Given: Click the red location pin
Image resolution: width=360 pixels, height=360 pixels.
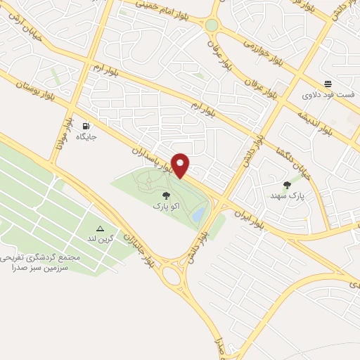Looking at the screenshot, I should pyautogui.click(x=181, y=165).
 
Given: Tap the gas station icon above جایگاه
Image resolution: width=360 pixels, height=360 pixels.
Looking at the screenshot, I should pyautogui.click(x=86, y=124).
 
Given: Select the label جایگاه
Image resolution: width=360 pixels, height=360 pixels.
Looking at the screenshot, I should pyautogui.click(x=86, y=136).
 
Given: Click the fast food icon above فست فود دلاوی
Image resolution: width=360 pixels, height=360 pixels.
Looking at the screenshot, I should pyautogui.click(x=328, y=82).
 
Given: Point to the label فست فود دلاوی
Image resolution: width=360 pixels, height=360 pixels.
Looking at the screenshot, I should pyautogui.click(x=328, y=94).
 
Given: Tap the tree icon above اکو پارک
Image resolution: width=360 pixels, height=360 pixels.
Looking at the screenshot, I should pyautogui.click(x=166, y=196).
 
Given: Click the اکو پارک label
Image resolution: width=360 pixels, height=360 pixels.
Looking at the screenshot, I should pyautogui.click(x=166, y=207).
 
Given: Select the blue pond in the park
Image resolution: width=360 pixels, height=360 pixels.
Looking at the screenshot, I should pyautogui.click(x=200, y=213).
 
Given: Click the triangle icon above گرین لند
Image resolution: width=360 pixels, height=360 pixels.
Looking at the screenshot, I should pyautogui.click(x=100, y=229).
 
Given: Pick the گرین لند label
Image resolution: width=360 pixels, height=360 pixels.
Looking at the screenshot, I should pyautogui.click(x=100, y=240).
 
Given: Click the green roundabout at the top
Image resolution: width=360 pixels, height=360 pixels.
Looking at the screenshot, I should pyautogui.click(x=212, y=25).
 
